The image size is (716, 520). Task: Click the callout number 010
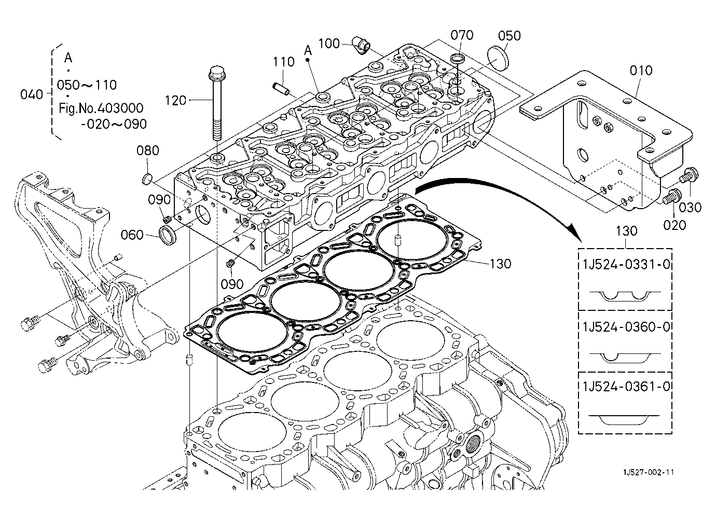[641, 71]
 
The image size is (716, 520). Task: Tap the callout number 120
[175, 101]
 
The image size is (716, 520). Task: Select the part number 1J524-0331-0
[626, 265]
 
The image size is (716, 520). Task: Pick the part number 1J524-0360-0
[626, 327]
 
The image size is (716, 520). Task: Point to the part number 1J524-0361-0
[626, 387]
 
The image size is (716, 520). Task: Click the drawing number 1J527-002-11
[648, 472]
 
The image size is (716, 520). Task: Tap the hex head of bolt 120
[217, 73]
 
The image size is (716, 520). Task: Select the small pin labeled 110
[281, 88]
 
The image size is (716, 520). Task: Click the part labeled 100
[361, 45]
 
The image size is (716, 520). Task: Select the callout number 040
[31, 94]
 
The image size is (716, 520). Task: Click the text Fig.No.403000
[101, 108]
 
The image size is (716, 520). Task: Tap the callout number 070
[462, 35]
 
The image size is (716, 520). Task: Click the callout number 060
[132, 235]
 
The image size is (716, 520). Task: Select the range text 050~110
[87, 85]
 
